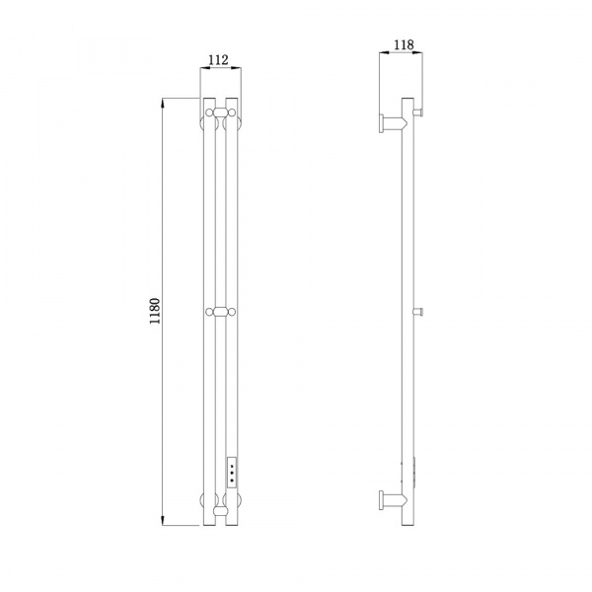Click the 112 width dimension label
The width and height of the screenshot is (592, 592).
pyautogui.click(x=219, y=59)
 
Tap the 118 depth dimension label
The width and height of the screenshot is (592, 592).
pyautogui.click(x=404, y=45)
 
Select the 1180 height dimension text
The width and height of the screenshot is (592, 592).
pyautogui.click(x=155, y=311)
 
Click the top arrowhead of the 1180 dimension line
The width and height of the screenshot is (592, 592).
pyautogui.click(x=163, y=103)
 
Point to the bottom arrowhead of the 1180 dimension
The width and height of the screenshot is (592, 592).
pyautogui.click(x=163, y=521)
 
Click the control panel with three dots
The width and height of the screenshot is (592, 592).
pyautogui.click(x=232, y=472)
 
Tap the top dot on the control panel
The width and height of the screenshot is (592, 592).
pyautogui.click(x=232, y=466)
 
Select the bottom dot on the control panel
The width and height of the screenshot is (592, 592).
pyautogui.click(x=232, y=481)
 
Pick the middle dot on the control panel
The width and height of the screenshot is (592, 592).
pyautogui.click(x=232, y=474)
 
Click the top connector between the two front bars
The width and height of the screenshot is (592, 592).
pyautogui.click(x=220, y=112)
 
